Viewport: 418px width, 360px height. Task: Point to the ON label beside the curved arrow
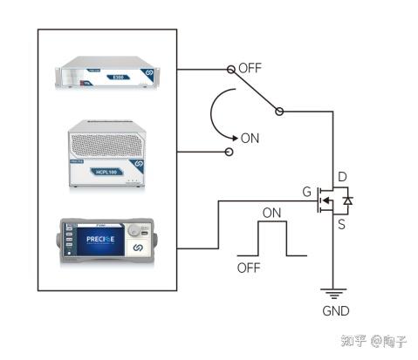tap(250, 138)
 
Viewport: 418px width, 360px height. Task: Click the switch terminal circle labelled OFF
tap(230, 68)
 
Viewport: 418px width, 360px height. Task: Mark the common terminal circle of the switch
tap(279, 111)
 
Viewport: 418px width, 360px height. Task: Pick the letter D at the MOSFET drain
tap(341, 178)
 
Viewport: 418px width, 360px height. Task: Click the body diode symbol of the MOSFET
tap(347, 201)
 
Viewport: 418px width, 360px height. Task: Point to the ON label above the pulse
tap(272, 212)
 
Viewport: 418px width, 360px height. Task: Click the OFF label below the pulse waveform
tap(249, 268)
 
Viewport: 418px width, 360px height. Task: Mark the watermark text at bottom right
tap(373, 341)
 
